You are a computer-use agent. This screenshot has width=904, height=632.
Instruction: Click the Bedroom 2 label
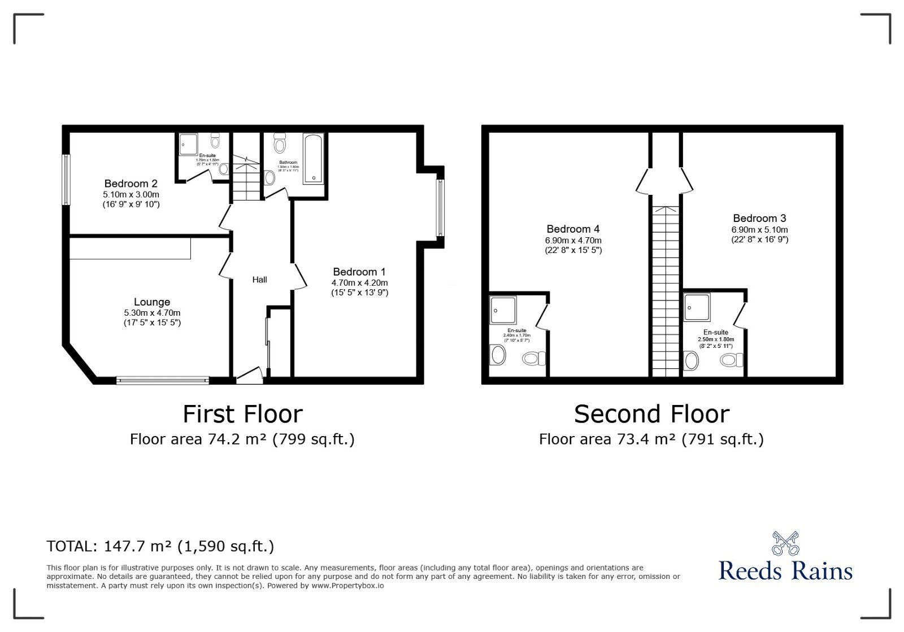pos(131,184)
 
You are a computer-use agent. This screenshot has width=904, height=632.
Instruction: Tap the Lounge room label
pos(151,302)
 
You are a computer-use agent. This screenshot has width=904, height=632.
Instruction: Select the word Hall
pos(259,280)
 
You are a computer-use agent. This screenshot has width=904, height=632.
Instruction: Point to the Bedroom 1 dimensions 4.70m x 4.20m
pos(359,282)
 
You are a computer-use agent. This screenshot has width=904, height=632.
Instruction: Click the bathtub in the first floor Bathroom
pos(314,159)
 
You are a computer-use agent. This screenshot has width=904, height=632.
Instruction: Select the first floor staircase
pos(246,175)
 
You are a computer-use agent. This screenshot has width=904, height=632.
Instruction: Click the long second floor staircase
pos(666,291)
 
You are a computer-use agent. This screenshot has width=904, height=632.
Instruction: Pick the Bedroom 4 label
pos(573,229)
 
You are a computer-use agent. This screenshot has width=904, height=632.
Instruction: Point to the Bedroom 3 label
pos(759,218)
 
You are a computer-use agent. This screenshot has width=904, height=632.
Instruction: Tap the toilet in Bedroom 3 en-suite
pos(733,360)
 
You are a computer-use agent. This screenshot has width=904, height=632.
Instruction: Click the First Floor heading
pos(242,414)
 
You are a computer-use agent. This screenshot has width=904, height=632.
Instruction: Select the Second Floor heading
pos(651,414)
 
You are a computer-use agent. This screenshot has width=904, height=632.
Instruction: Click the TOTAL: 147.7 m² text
pos(160,546)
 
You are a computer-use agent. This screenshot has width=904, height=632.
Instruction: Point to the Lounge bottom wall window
pos(163,381)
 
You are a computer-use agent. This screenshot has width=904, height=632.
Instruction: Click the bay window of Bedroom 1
pos(440,207)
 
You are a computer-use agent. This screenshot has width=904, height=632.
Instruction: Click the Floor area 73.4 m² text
pos(651,439)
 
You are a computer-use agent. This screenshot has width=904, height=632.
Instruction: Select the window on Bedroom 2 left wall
pos(66,180)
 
